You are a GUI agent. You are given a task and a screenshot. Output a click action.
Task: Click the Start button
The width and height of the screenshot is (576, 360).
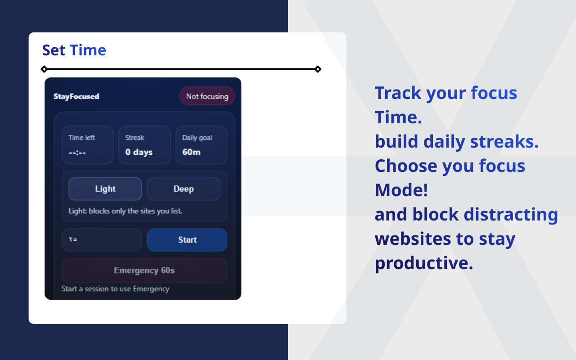point(187,240)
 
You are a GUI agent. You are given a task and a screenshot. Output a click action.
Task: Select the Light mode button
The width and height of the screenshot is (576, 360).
point(105,189)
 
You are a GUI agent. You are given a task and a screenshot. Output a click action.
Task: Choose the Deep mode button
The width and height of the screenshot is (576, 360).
point(184,189)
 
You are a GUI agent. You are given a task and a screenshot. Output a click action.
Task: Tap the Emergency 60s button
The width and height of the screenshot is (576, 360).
point(144,270)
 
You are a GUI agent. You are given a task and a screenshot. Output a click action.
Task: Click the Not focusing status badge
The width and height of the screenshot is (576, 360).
point(207,96)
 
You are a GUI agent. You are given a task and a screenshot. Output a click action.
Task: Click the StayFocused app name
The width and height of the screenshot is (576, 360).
point(76,96)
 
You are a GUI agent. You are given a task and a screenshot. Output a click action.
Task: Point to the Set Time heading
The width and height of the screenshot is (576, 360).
point(74,50)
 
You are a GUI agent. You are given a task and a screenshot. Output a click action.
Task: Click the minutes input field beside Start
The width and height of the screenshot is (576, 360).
point(102,240)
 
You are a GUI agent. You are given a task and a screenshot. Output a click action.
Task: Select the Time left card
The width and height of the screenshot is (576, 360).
point(88,145)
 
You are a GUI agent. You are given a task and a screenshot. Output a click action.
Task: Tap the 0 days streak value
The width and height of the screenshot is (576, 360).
point(139,152)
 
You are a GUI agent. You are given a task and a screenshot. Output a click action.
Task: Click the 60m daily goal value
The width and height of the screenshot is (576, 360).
point(191,152)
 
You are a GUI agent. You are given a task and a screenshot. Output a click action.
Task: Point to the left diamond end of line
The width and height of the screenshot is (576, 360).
point(44,69)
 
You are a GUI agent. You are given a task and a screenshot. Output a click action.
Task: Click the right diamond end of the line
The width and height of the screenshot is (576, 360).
point(318,69)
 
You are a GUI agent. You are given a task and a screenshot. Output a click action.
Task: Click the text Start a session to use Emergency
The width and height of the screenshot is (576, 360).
point(115,289)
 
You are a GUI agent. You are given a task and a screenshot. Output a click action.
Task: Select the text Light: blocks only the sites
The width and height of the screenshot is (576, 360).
point(125,211)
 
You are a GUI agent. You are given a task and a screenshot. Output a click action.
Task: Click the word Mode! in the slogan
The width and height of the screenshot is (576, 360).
point(401,190)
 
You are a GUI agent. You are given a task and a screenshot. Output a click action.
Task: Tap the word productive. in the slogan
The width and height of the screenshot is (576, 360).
point(424,263)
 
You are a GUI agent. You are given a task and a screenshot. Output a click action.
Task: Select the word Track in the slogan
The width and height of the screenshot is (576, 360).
point(398,93)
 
